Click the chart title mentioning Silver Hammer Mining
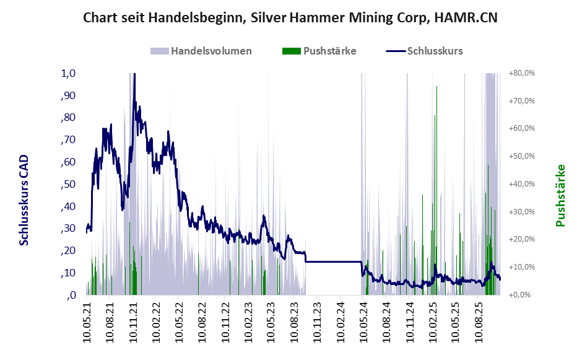point(290,19)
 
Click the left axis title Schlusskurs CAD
point(24,200)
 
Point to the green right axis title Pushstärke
point(561,195)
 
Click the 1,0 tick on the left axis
point(68,73)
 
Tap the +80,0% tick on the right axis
point(521,73)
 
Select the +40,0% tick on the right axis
point(521,184)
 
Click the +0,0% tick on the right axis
point(521,295)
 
